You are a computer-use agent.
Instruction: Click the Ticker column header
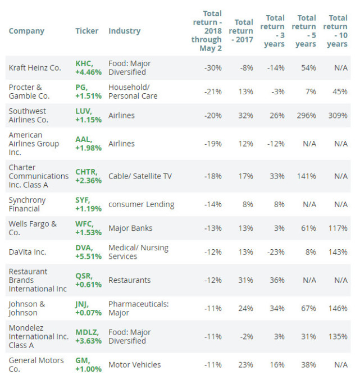86,31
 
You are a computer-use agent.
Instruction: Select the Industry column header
125,31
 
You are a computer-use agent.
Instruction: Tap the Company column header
26,31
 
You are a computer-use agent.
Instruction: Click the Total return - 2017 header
241,31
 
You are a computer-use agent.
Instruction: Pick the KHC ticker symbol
84,63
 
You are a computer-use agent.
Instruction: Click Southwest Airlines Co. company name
28,116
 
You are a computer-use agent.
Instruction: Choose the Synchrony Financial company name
27,204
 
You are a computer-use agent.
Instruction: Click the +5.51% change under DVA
89,257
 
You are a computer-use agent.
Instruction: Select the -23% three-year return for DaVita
276,252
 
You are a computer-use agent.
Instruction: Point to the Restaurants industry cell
130,280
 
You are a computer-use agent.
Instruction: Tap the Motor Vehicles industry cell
135,365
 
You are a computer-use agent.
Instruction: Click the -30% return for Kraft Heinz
213,68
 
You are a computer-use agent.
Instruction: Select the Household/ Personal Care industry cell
133,92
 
